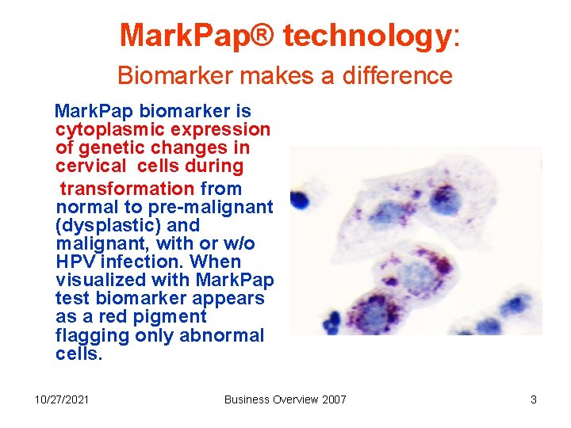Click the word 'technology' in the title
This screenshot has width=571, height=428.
[x=366, y=36]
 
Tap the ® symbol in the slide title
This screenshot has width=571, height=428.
[x=266, y=36]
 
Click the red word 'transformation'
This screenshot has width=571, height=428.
[x=127, y=189]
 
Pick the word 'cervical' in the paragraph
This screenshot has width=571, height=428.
[x=90, y=166]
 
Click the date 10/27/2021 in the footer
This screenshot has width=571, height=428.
[x=62, y=399]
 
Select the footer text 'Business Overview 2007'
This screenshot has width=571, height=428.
[x=285, y=399]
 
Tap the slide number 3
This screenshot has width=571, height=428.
[x=534, y=399]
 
